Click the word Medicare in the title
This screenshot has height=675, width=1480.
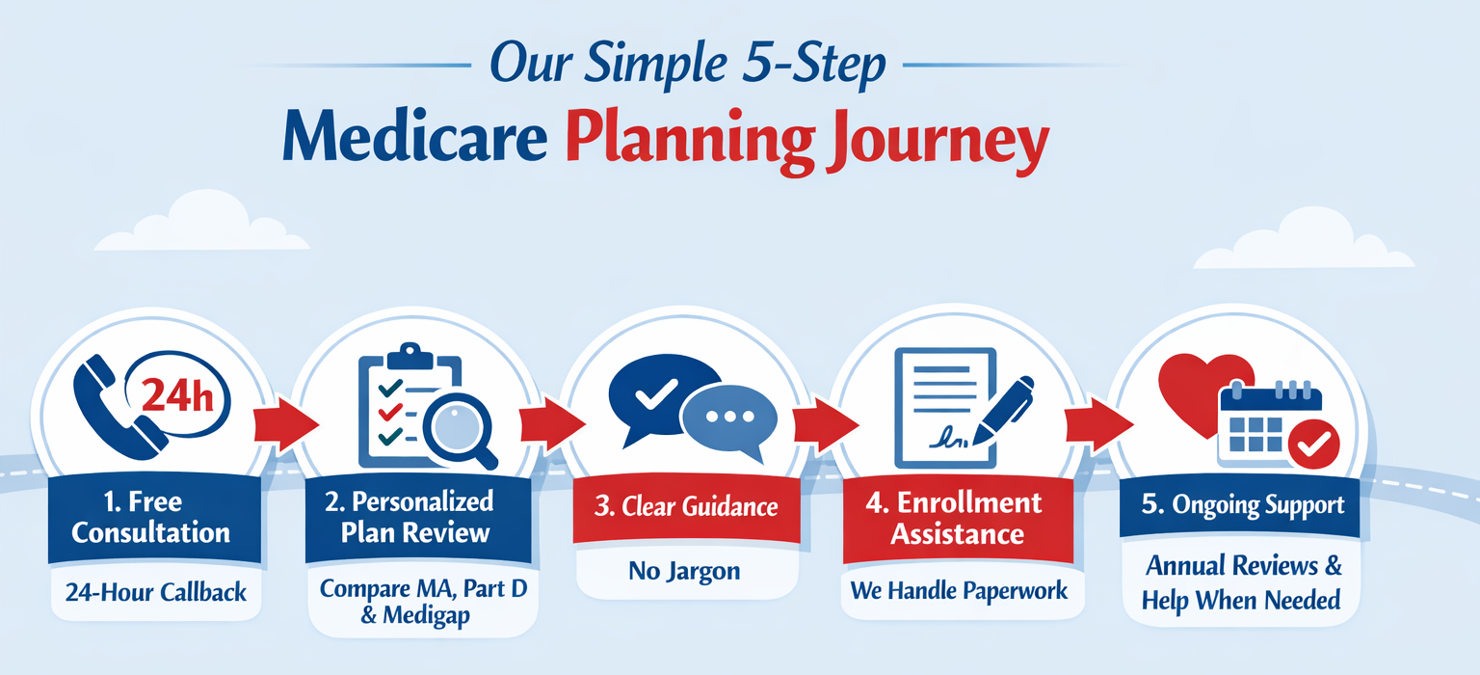tap(415, 137)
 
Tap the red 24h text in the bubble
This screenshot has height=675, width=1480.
tap(177, 396)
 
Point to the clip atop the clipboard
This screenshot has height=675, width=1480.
tap(410, 357)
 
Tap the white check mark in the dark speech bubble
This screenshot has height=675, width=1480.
tap(655, 394)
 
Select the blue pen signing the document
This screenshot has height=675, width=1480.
tap(1003, 410)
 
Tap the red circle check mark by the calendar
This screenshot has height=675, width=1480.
tap(1313, 445)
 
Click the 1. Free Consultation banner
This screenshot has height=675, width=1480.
tap(154, 518)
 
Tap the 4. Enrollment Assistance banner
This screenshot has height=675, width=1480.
tap(958, 519)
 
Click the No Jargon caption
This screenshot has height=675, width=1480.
tap(684, 571)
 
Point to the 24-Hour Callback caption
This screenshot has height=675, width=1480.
tap(156, 592)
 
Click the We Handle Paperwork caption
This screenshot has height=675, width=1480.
tap(959, 591)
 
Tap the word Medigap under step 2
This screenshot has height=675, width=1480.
tap(426, 616)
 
